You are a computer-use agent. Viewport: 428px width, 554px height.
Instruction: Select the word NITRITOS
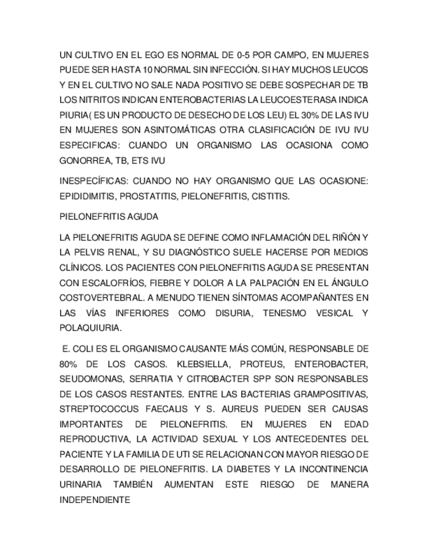94,100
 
